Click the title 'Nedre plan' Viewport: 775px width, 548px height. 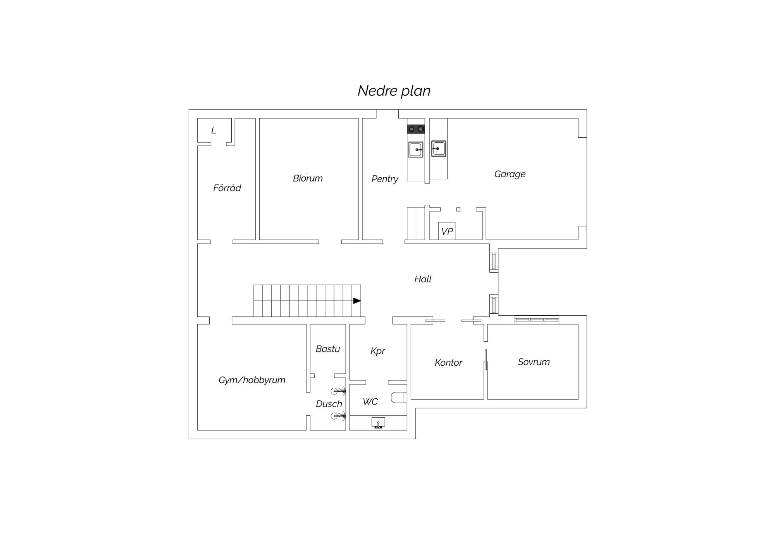click(394, 91)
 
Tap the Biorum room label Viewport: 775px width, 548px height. click(308, 178)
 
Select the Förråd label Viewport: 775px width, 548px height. click(227, 188)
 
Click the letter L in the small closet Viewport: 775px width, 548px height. click(214, 130)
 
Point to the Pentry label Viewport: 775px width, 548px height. click(385, 179)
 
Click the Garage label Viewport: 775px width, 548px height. click(510, 174)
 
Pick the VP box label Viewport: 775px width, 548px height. click(447, 232)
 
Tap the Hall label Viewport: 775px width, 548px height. click(423, 279)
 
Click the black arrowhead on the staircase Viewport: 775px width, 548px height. click(357, 301)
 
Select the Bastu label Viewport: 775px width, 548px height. click(328, 349)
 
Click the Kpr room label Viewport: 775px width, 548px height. click(378, 351)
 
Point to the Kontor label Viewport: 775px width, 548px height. click(448, 363)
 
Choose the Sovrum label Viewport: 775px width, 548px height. click(534, 362)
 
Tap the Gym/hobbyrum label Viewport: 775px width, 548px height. click(252, 380)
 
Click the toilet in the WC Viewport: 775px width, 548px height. click(399, 398)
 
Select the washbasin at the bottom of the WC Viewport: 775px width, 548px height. click(378, 423)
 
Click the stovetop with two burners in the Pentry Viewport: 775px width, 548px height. click(416, 129)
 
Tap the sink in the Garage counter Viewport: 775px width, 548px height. click(439, 149)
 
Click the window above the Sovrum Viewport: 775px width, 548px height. click(537, 320)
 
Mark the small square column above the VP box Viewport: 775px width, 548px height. click(458, 209)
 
